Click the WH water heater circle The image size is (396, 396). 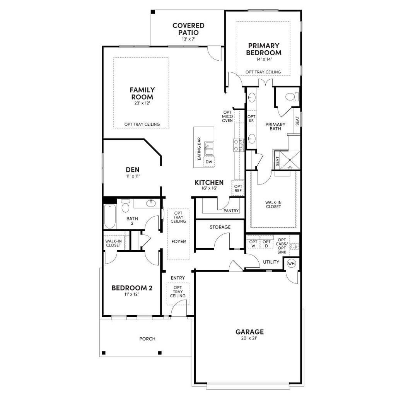point(291,264)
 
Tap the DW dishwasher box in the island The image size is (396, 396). point(209,162)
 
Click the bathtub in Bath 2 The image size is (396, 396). point(109,217)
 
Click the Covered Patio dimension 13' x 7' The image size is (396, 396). point(188,39)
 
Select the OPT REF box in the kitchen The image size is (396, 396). point(238,188)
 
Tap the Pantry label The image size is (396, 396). point(231,211)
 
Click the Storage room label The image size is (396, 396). point(220,227)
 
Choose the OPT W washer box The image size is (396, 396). point(253,244)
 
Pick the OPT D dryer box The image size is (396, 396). point(266,244)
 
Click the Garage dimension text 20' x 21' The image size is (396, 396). point(249,338)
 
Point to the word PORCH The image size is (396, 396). point(147,339)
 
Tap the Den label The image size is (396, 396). point(132,169)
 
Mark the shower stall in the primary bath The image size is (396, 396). point(289,160)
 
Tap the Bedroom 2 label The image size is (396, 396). point(132,288)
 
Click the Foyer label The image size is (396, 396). point(179,242)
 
